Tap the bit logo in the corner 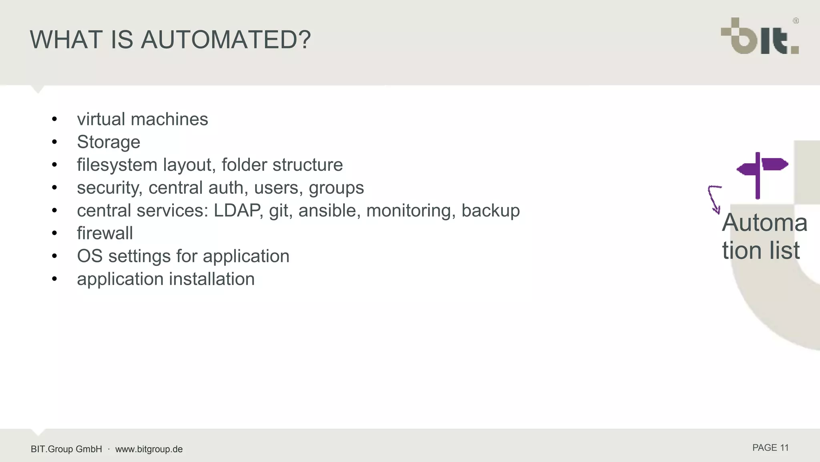point(760,36)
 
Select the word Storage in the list point(109,142)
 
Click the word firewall point(105,233)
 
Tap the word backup point(490,211)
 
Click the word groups point(336,188)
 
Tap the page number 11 point(784,448)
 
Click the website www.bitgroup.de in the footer point(149,449)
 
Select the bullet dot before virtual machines point(54,119)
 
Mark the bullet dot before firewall point(54,233)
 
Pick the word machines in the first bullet point(169,119)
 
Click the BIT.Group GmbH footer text point(66,449)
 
